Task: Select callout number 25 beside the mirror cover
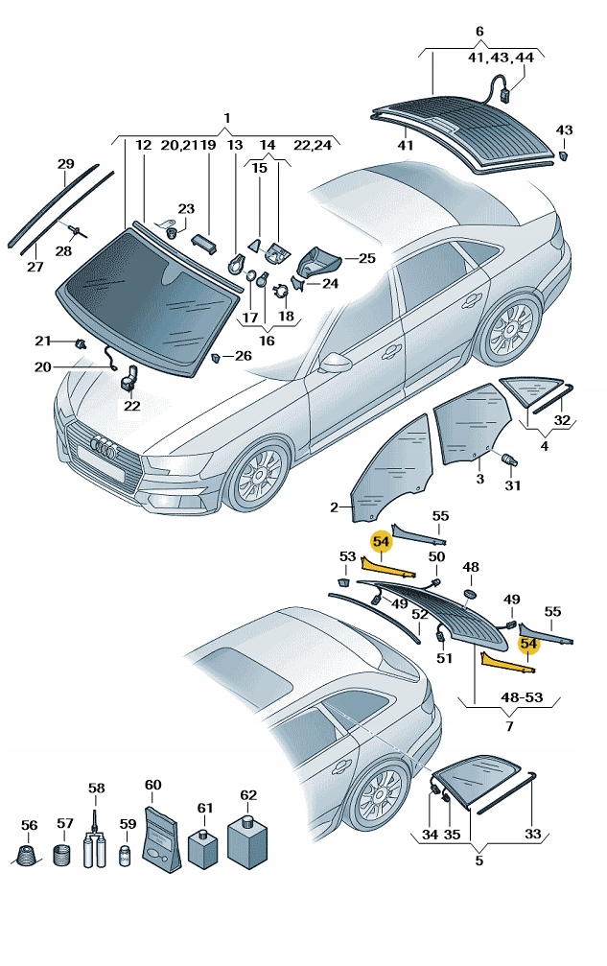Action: tap(368, 258)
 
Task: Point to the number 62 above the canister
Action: tap(248, 794)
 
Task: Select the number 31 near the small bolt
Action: tap(513, 485)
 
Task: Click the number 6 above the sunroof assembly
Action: tap(479, 32)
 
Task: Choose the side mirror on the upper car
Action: tap(335, 362)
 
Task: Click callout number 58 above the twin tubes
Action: tap(96, 789)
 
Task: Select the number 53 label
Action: tap(347, 556)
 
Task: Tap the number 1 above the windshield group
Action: tap(227, 118)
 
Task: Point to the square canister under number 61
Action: tap(203, 848)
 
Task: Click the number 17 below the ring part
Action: tap(249, 318)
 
